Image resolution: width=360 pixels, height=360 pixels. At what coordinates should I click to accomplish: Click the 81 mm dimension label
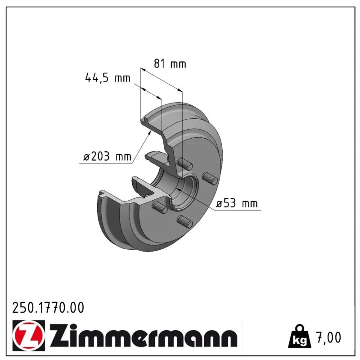point(170,63)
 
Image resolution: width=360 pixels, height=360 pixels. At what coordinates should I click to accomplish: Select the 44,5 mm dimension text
point(108,78)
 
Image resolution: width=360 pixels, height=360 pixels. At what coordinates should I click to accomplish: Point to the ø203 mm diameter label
point(107,157)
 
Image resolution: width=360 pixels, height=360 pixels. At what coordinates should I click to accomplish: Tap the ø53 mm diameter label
point(237,203)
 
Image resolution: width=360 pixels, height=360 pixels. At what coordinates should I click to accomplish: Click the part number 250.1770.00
point(48,308)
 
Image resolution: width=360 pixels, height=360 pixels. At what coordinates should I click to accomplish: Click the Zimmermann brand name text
point(144,335)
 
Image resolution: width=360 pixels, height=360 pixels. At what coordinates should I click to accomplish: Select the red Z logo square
point(29,335)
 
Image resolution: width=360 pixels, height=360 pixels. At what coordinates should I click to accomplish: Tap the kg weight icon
point(300,336)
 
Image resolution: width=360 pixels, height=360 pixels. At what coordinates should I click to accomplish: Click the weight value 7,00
point(329,337)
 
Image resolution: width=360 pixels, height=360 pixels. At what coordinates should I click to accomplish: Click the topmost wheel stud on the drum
point(185,164)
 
